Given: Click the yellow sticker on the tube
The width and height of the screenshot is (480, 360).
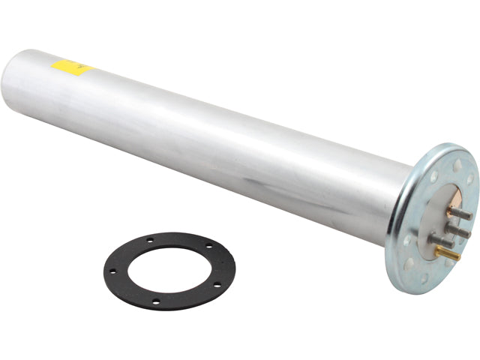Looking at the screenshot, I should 72,68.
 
